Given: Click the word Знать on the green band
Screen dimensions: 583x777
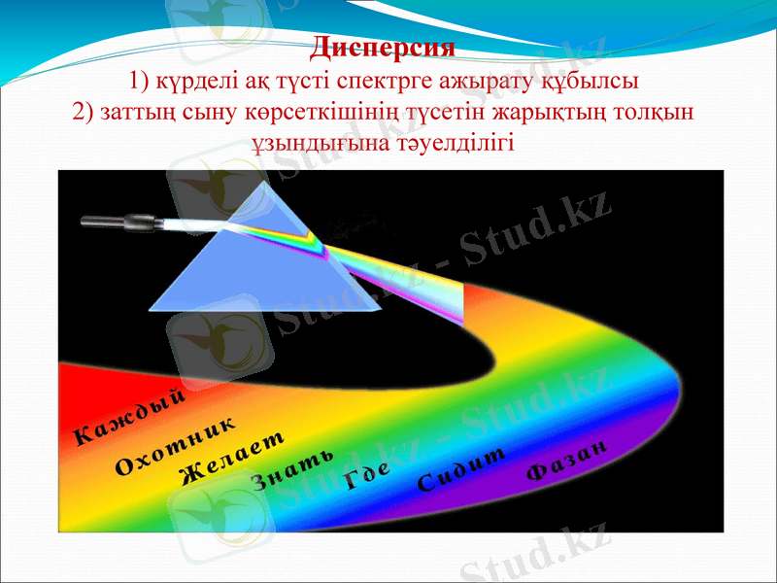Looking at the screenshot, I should (x=292, y=468).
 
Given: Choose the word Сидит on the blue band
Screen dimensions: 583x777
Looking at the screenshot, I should (x=462, y=468).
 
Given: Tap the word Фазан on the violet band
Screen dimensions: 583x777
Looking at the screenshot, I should (x=567, y=459).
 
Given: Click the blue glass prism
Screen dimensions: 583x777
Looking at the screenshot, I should (x=253, y=267).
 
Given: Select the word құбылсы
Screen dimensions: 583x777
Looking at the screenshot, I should (x=600, y=78).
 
